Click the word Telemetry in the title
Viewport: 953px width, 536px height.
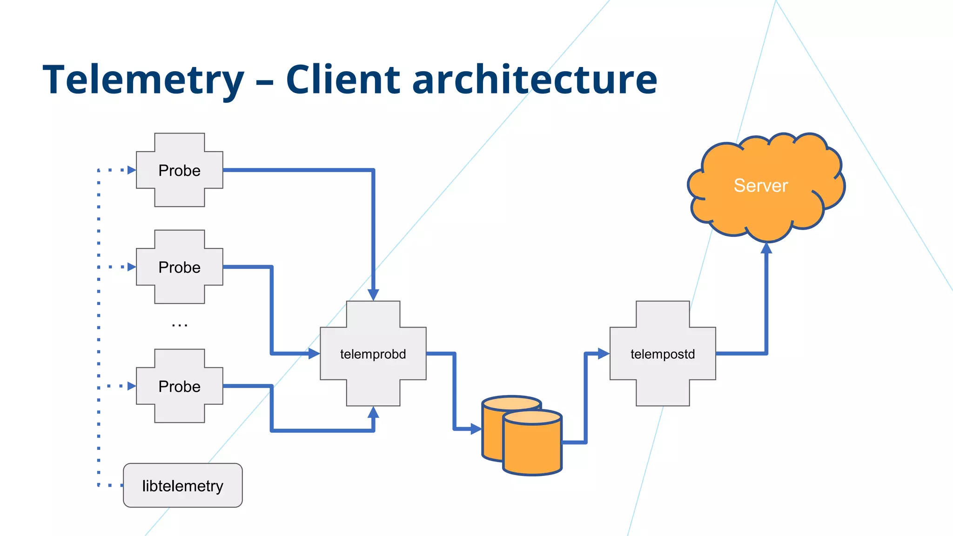pyautogui.click(x=143, y=80)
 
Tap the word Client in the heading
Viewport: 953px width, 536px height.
pyautogui.click(x=343, y=80)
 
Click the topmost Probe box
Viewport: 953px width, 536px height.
pyautogui.click(x=179, y=170)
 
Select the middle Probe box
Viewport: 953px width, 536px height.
pyautogui.click(x=179, y=267)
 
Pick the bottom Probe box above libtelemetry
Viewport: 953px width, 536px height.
pyautogui.click(x=179, y=386)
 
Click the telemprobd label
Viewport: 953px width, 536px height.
pyautogui.click(x=373, y=354)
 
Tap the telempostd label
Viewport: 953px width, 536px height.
pyautogui.click(x=663, y=354)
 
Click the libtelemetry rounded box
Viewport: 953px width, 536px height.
pyautogui.click(x=182, y=485)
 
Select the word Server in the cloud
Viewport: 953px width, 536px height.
pyautogui.click(x=760, y=186)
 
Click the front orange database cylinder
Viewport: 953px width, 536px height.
pyautogui.click(x=533, y=447)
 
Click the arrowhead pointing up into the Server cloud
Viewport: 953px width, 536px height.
pyautogui.click(x=766, y=248)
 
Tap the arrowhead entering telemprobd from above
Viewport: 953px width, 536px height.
pyautogui.click(x=373, y=295)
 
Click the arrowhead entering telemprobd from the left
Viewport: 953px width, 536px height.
pyautogui.click(x=314, y=354)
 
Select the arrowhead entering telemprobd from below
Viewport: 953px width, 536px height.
pyautogui.click(x=373, y=412)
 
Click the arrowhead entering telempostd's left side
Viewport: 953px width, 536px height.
pyautogui.click(x=603, y=354)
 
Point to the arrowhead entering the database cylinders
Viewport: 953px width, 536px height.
pyautogui.click(x=476, y=429)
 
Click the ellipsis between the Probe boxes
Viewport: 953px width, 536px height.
pyautogui.click(x=179, y=325)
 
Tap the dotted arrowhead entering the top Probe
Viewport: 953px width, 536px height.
pyautogui.click(x=131, y=170)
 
